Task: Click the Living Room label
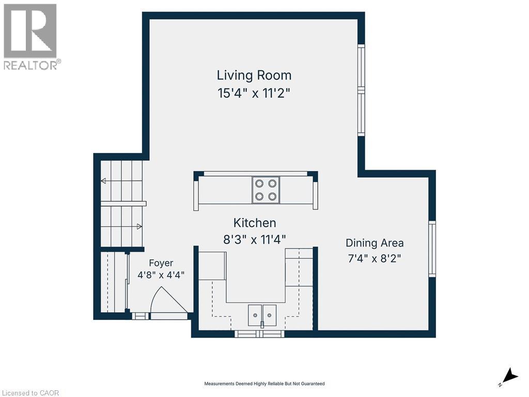pos(254,75)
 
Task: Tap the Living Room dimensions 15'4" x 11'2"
pos(254,93)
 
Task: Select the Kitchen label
pos(255,223)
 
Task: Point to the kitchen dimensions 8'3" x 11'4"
pos(254,240)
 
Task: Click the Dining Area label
pos(375,243)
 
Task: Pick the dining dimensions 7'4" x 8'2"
pos(375,258)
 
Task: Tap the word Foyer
pos(161,263)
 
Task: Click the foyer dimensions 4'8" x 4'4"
pos(161,275)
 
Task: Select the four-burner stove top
pos(266,190)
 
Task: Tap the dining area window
pos(432,249)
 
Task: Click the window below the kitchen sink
pos(259,333)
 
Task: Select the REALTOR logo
pos(32,37)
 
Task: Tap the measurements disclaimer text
pos(264,384)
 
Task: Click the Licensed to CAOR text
pos(30,393)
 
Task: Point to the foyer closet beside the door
pos(114,282)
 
